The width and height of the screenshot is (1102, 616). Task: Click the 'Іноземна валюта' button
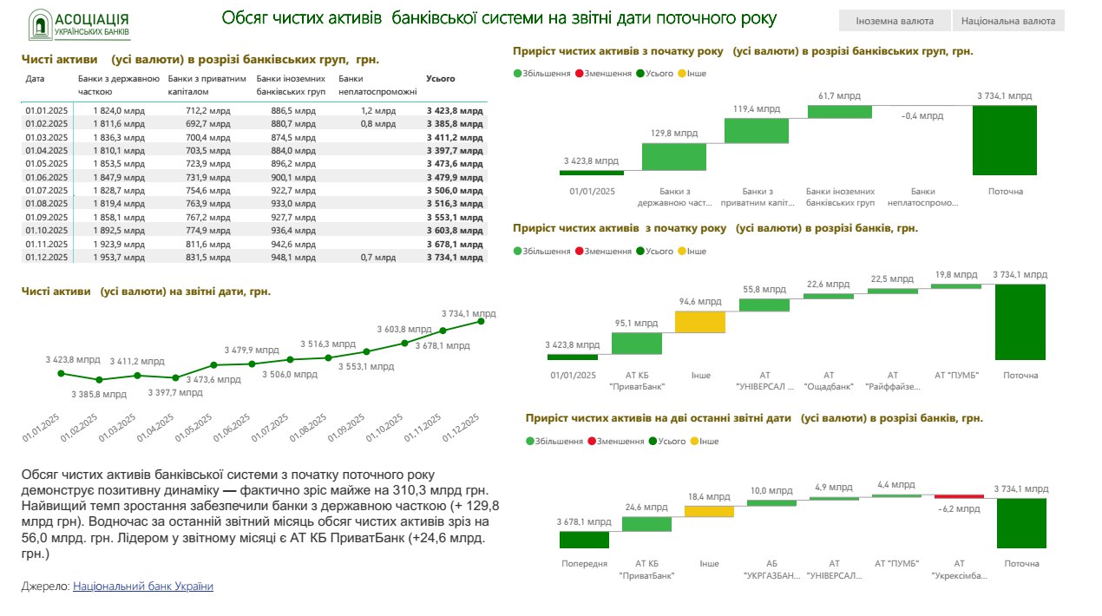[894, 21]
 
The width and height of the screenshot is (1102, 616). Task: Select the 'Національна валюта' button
[1007, 21]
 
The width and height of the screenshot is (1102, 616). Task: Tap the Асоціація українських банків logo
[79, 25]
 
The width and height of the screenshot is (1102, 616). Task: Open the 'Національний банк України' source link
[143, 587]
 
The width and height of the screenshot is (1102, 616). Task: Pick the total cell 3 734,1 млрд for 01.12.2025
[455, 257]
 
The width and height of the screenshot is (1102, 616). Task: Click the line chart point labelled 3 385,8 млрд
[99, 379]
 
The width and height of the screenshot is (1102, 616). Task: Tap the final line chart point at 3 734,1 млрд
[481, 322]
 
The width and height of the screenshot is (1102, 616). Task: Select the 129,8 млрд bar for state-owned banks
[673, 156]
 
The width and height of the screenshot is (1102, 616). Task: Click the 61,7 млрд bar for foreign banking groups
[839, 111]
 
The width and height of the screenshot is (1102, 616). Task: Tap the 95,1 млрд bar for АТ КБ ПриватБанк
[636, 344]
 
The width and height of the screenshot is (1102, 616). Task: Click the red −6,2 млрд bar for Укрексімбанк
[959, 496]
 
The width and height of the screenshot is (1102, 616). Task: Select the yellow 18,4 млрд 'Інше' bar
[709, 511]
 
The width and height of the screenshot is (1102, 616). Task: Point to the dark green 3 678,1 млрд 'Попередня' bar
[584, 540]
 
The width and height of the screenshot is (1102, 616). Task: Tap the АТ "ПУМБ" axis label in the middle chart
[956, 375]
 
